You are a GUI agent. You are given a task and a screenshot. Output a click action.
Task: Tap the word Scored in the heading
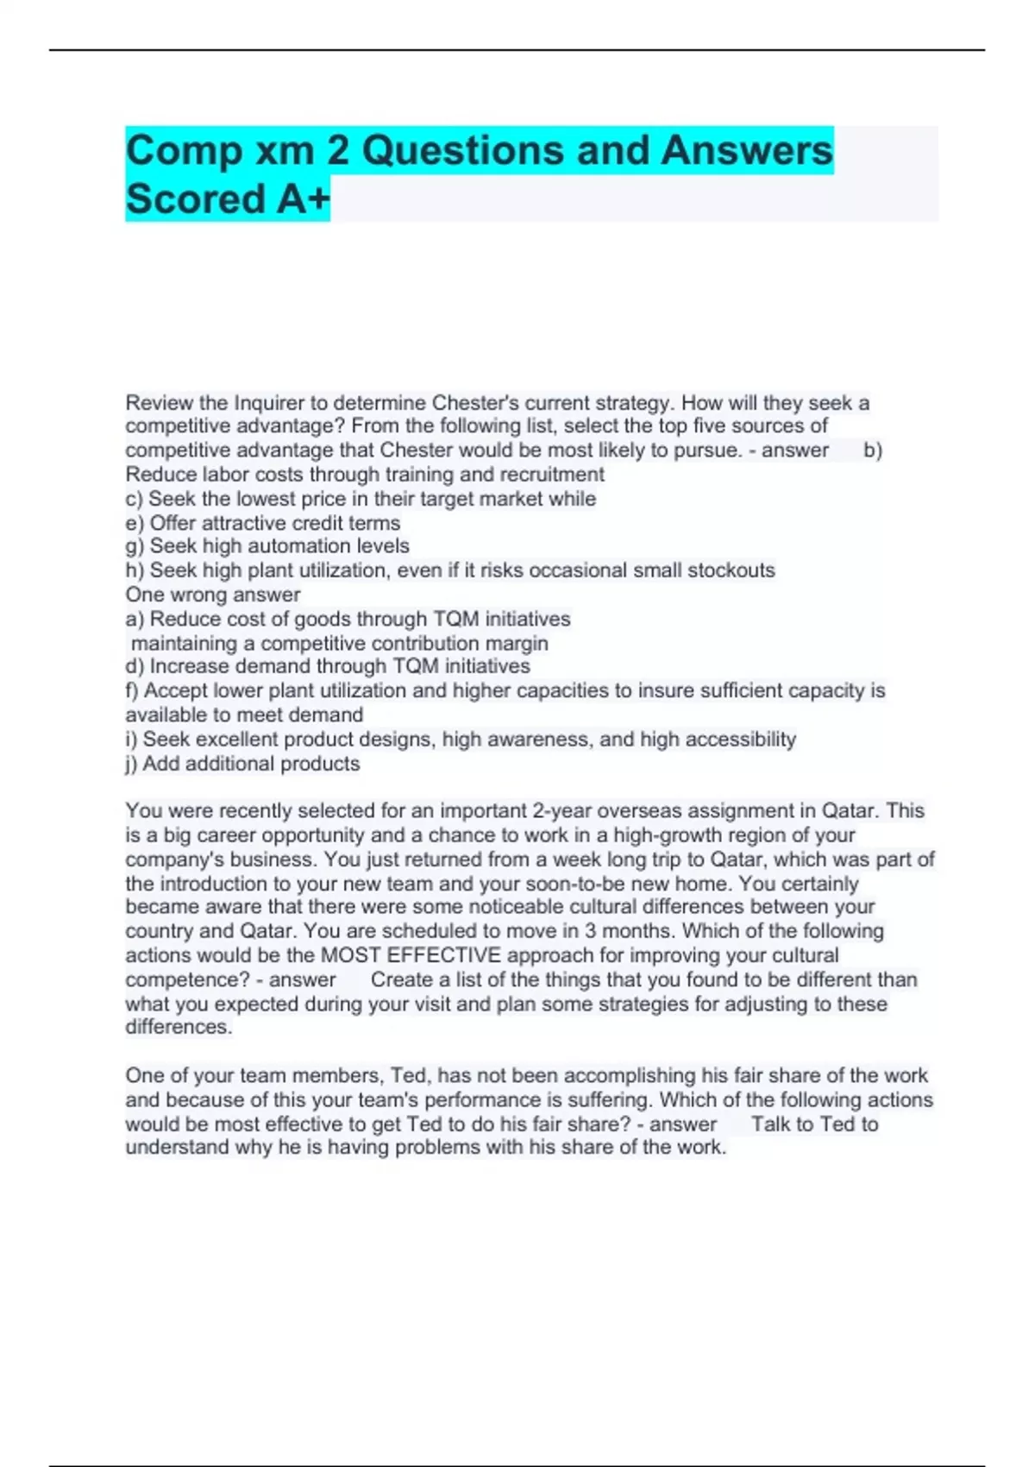195,199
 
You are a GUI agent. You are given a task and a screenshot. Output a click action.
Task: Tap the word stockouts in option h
731,570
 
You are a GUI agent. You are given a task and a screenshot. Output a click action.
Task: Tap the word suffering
603,1100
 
